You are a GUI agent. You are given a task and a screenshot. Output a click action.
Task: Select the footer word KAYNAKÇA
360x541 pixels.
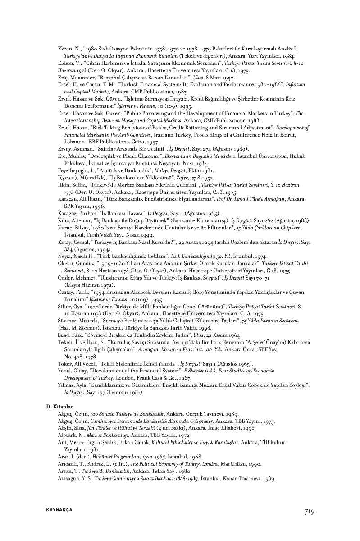tap(59, 510)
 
